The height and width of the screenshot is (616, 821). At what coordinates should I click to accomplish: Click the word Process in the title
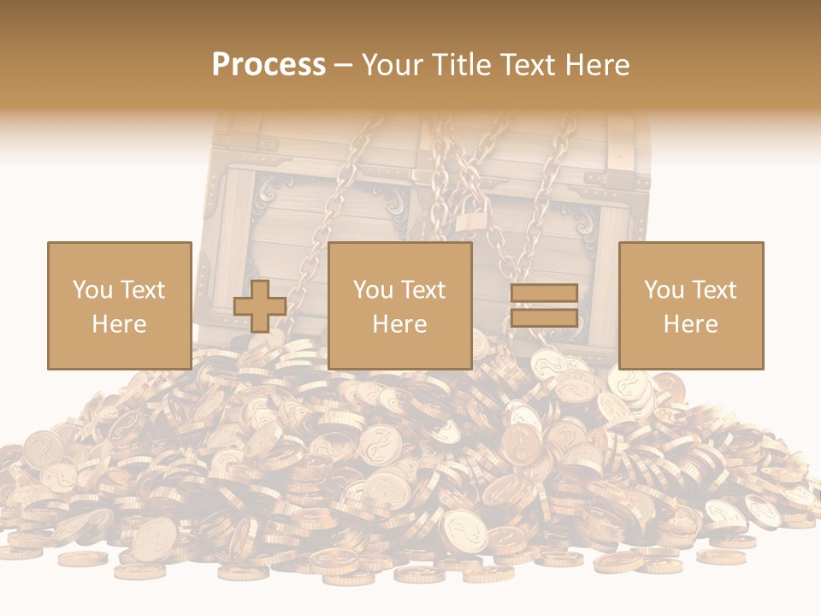pyautogui.click(x=269, y=65)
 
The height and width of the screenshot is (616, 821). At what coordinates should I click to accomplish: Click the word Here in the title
pyautogui.click(x=599, y=65)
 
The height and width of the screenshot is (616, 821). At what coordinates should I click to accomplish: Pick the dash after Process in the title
pyautogui.click(x=344, y=66)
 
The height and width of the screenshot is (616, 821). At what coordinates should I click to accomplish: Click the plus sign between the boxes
pyautogui.click(x=260, y=306)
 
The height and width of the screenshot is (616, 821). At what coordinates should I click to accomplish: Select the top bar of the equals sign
pyautogui.click(x=544, y=293)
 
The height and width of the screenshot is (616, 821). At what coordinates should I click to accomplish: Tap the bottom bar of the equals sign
pyautogui.click(x=544, y=318)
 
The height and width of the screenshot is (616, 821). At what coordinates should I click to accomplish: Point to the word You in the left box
pyautogui.click(x=92, y=290)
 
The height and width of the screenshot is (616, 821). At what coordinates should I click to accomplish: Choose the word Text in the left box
pyautogui.click(x=142, y=290)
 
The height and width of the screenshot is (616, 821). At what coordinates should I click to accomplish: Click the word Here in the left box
pyautogui.click(x=119, y=324)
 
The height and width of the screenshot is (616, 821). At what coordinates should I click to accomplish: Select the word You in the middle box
pyautogui.click(x=373, y=290)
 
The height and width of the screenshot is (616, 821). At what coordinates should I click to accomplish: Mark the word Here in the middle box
pyautogui.click(x=399, y=324)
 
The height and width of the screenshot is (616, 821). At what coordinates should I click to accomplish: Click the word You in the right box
pyautogui.click(x=664, y=290)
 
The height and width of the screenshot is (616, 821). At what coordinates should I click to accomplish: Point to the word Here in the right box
pyautogui.click(x=690, y=324)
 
